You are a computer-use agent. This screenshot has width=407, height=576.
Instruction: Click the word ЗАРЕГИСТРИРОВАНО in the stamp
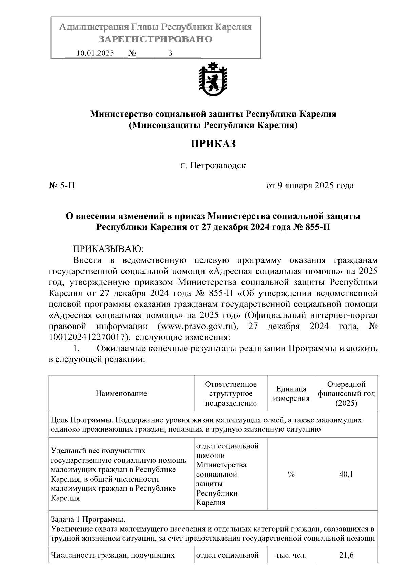tap(155, 39)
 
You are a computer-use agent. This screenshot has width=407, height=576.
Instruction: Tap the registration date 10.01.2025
tap(95, 53)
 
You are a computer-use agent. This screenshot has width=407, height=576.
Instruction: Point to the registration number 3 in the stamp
tap(170, 53)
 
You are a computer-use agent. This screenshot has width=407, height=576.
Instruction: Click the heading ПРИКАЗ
tap(213, 144)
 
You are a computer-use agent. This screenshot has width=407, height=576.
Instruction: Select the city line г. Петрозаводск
tap(213, 166)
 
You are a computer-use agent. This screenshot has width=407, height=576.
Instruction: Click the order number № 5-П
tap(62, 186)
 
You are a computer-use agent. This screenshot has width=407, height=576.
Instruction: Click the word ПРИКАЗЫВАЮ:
tap(109, 249)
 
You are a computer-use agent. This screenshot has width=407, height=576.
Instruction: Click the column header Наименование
tap(121, 394)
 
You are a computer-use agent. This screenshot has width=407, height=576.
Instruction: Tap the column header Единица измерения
tap(291, 394)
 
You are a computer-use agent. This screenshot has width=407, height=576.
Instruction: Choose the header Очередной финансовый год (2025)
tap(346, 394)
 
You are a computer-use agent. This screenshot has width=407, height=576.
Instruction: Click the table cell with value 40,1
tap(346, 475)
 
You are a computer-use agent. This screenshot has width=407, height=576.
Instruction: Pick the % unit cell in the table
tap(291, 475)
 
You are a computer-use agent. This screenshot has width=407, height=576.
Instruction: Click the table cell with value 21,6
tap(346, 555)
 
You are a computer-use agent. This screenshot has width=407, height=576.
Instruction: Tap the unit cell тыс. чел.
tap(291, 555)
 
